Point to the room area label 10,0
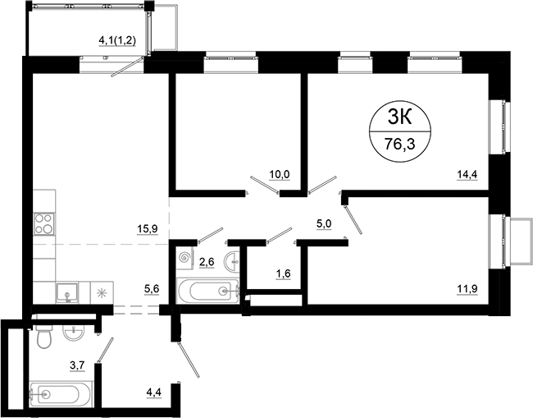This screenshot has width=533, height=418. (x=280, y=174)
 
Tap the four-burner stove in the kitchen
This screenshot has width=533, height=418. (x=43, y=223)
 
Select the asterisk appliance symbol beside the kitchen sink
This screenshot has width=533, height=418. (x=102, y=292)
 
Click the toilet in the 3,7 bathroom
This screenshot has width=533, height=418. (x=45, y=337)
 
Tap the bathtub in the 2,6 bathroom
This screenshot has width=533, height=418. (x=207, y=291)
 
